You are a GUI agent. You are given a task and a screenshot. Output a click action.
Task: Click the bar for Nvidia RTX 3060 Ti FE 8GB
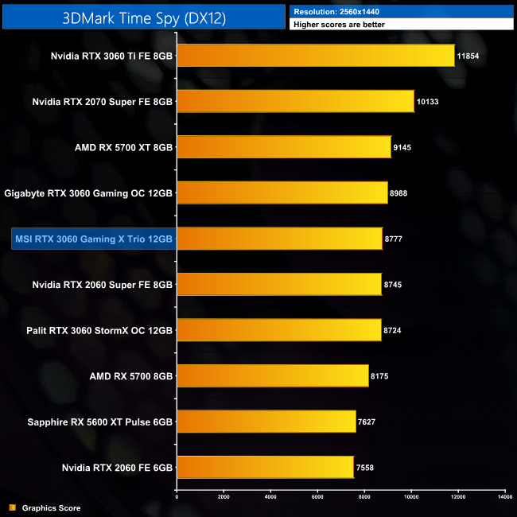pyautogui.click(x=316, y=56)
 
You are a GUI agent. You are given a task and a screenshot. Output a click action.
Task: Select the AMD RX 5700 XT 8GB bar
pyautogui.click(x=284, y=147)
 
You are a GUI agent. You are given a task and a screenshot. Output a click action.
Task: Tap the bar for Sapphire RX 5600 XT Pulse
pyautogui.click(x=266, y=422)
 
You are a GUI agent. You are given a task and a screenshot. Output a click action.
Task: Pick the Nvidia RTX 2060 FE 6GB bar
pyautogui.click(x=265, y=467)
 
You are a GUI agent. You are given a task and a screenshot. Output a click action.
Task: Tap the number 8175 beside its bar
pyautogui.click(x=383, y=376)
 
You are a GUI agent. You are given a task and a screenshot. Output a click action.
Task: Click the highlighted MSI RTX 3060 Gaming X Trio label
pyautogui.click(x=93, y=239)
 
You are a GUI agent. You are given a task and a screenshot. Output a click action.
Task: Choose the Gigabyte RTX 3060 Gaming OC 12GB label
pyautogui.click(x=88, y=193)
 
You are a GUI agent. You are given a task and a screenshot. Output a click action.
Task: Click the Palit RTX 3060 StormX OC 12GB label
pyautogui.click(x=103, y=330)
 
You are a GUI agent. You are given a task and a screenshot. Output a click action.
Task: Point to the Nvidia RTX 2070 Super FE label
pyautogui.click(x=103, y=102)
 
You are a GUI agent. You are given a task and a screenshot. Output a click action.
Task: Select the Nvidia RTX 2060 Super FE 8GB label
pyautogui.click(x=103, y=285)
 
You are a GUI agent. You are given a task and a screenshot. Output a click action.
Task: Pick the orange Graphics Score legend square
pyautogui.click(x=12, y=507)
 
